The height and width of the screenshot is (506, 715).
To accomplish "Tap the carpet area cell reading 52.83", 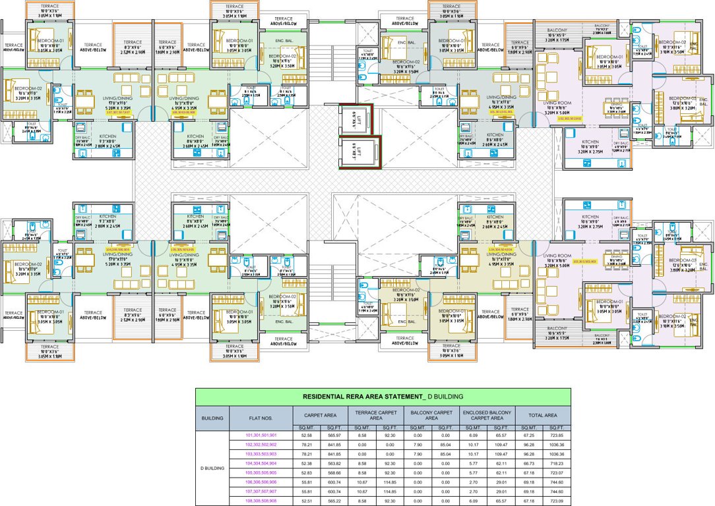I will [307, 472].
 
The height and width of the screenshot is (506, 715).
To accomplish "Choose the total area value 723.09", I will [557, 501].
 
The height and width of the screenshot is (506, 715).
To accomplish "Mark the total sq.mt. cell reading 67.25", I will [529, 436].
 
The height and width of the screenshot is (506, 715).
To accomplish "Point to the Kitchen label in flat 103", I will [590, 217].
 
